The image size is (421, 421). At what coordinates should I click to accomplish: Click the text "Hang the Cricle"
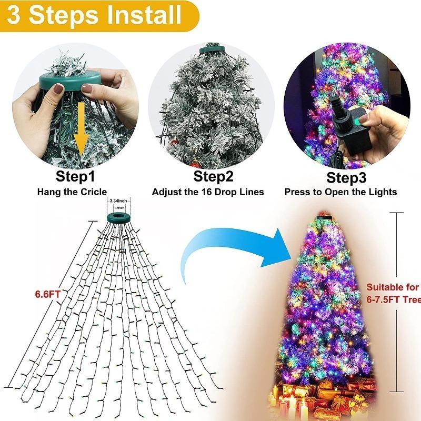(x=72, y=192)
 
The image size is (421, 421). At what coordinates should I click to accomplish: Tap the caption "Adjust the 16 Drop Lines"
(x=208, y=192)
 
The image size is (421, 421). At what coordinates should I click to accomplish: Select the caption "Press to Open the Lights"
(x=340, y=192)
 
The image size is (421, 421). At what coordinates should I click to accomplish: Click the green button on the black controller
(x=362, y=122)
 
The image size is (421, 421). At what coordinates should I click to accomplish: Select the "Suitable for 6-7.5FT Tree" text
(x=393, y=294)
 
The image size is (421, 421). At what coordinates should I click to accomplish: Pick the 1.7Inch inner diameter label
(x=118, y=208)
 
